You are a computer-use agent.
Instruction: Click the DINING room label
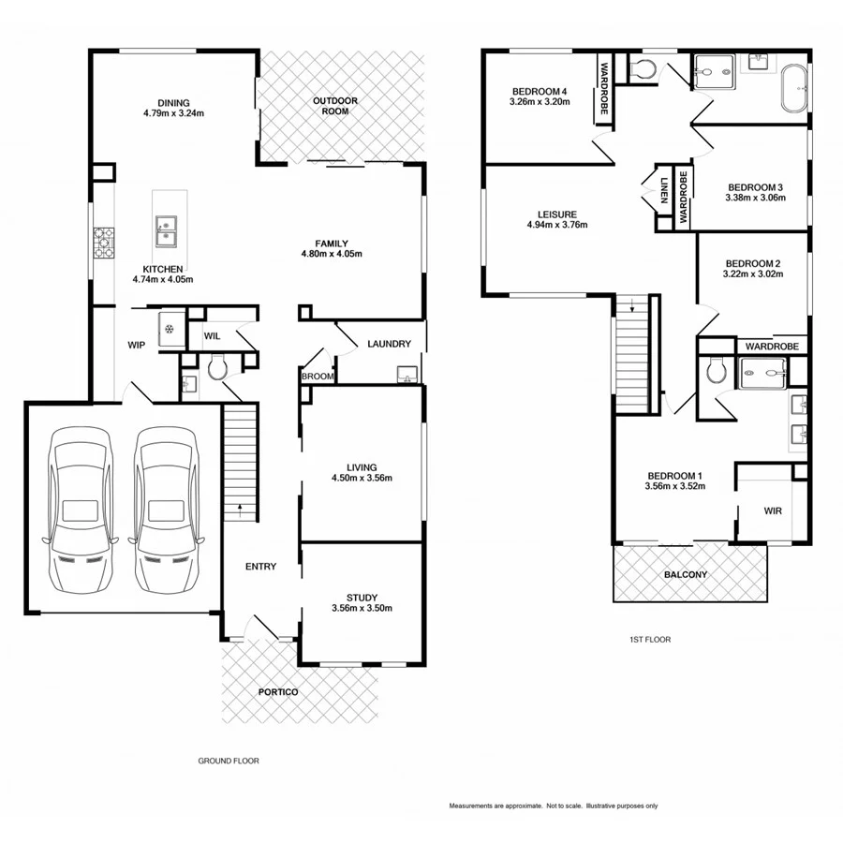click(x=173, y=103)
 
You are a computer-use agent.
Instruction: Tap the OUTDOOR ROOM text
click(x=331, y=106)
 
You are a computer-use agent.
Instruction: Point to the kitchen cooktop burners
click(x=103, y=243)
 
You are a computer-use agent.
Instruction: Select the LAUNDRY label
click(x=389, y=344)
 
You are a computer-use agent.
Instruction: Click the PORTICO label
click(x=278, y=691)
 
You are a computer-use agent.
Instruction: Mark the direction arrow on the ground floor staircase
click(x=241, y=510)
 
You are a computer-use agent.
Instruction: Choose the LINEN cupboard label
click(x=663, y=190)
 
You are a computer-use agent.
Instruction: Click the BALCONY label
click(x=686, y=574)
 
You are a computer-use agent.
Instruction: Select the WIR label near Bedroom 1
click(x=773, y=511)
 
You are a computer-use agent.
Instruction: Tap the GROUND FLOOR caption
click(x=228, y=762)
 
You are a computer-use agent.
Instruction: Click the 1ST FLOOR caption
click(x=650, y=640)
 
